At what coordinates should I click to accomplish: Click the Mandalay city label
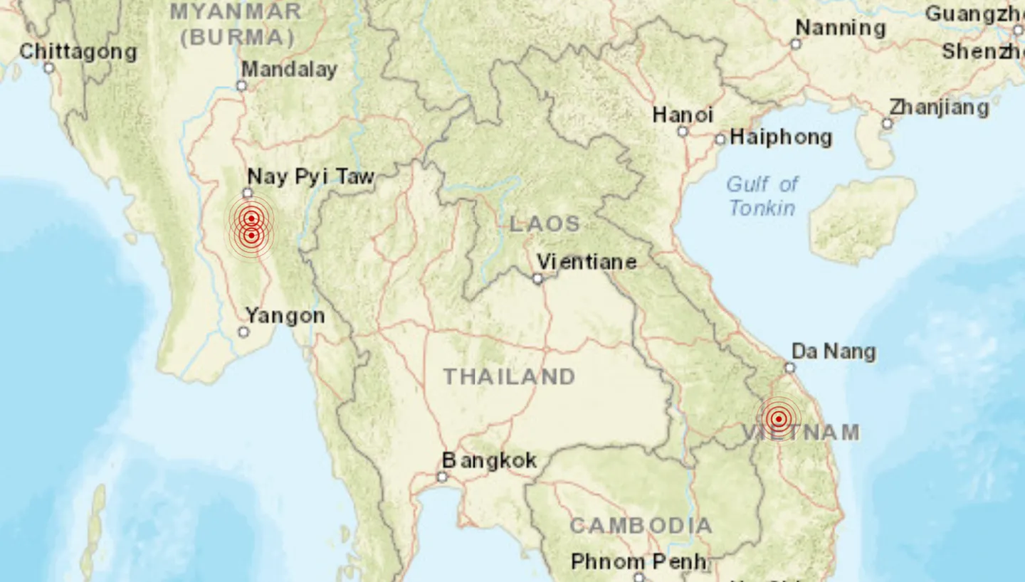(289, 70)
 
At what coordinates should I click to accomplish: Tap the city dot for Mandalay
(241, 85)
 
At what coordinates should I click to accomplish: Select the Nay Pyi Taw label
(310, 176)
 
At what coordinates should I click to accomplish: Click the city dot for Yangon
(243, 332)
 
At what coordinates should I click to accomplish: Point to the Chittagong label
(78, 51)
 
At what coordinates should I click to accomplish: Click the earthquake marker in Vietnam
(779, 418)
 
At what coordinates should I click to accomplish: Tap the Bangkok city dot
(442, 477)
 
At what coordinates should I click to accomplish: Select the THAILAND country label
(509, 376)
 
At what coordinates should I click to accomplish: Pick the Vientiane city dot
(537, 279)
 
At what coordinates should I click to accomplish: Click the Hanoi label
(683, 115)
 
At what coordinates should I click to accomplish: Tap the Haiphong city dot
(720, 139)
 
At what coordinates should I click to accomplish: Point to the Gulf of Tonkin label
(762, 196)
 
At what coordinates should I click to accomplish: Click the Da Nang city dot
(789, 367)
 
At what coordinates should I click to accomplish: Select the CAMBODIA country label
(641, 526)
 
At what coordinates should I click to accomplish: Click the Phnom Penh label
(638, 562)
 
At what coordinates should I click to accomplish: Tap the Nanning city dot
(796, 44)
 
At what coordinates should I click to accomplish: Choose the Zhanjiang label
(939, 108)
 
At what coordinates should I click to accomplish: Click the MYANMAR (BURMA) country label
(236, 24)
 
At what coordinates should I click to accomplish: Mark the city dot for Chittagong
(48, 68)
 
